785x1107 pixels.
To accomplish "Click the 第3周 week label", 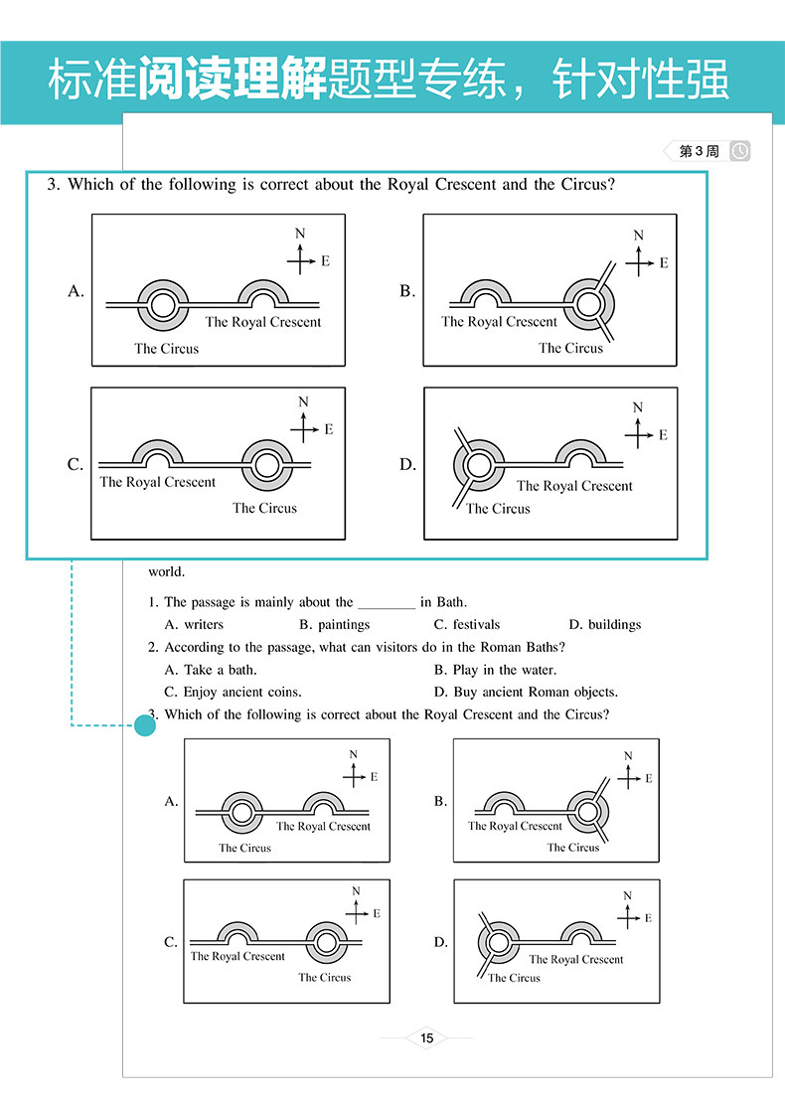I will pyautogui.click(x=698, y=151).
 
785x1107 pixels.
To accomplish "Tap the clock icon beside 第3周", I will pyautogui.click(x=740, y=151).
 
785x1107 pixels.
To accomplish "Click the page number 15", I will pyautogui.click(x=427, y=1038).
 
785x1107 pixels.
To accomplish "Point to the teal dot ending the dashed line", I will pyautogui.click(x=145, y=726).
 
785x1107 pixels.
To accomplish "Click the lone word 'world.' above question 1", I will pyautogui.click(x=166, y=571).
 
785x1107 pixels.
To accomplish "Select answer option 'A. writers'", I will pyautogui.click(x=194, y=625).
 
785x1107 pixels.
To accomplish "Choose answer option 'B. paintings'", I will pyautogui.click(x=334, y=625).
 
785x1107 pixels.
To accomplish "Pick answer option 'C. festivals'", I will pyautogui.click(x=467, y=625).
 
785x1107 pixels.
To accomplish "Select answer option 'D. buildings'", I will pyautogui.click(x=604, y=625).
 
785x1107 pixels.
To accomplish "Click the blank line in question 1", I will pyautogui.click(x=387, y=603).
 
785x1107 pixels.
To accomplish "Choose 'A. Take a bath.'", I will pyautogui.click(x=211, y=670).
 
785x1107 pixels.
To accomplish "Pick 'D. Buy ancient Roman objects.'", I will pyautogui.click(x=526, y=692).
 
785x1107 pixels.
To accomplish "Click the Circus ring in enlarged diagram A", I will pyautogui.click(x=162, y=301).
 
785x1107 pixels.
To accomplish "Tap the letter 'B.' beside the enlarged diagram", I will pyautogui.click(x=407, y=291).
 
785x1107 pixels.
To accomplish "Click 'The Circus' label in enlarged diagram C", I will pyautogui.click(x=264, y=508).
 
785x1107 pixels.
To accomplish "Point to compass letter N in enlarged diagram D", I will pyautogui.click(x=638, y=407).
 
